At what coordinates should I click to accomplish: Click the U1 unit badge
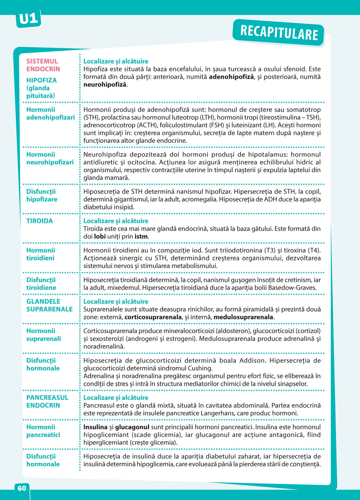coord(28,19)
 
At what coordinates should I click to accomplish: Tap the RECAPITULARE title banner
coord(279,33)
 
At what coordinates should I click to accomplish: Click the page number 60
coord(22,488)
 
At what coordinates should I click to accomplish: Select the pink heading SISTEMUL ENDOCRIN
coord(43,65)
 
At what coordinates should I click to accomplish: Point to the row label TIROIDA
coord(40,221)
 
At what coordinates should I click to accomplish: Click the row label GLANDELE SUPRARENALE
coord(49,305)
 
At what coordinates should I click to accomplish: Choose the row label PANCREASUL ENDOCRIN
coord(47,401)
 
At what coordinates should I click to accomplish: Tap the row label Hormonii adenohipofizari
coord(50,114)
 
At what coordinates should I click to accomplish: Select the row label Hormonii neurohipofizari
coord(50,158)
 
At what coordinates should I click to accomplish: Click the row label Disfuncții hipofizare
coord(42,195)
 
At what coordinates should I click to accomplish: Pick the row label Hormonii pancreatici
coord(43,431)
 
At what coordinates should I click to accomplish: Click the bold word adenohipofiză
coord(231,77)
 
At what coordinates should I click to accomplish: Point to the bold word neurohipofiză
coord(105,85)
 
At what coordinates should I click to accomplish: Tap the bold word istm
coord(141,237)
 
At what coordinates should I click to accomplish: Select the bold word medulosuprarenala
coord(243,317)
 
